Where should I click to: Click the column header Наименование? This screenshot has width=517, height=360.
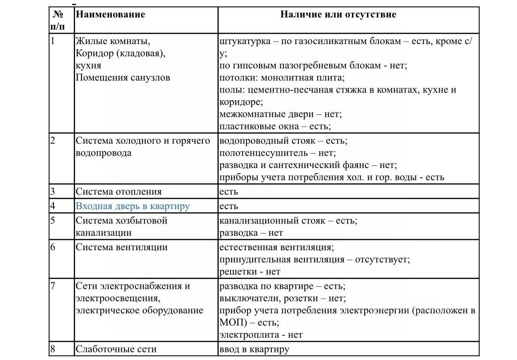pos(110,15)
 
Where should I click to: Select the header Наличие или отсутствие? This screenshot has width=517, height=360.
pos(338,15)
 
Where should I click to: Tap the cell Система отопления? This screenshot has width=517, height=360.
pos(118,192)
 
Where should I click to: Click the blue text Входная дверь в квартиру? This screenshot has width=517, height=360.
pos(132,206)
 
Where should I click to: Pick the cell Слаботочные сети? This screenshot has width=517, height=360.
pos(116,349)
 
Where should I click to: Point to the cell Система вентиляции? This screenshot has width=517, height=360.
pos(121,247)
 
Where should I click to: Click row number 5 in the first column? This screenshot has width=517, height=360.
pos(53,221)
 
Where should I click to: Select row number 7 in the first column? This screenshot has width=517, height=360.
pos(53,286)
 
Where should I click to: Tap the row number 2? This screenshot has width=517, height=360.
pos(53,141)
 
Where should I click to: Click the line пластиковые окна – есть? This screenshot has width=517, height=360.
pos(275,126)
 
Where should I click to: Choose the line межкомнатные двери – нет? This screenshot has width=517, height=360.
pos(280,114)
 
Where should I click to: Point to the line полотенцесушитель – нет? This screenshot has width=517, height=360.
pos(277,153)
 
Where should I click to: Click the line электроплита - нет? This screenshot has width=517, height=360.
pos(261,335)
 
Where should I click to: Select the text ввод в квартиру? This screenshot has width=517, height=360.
pos(254,349)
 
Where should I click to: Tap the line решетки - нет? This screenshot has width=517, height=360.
pos(249,272)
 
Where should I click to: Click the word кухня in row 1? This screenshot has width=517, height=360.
pos(88,66)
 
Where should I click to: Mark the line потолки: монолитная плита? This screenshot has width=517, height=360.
pos(282,78)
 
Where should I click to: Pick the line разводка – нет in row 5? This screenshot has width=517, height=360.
pos(251,233)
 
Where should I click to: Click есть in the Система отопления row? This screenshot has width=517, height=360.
pos(228,192)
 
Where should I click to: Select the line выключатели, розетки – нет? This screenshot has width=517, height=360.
pos(282,298)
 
